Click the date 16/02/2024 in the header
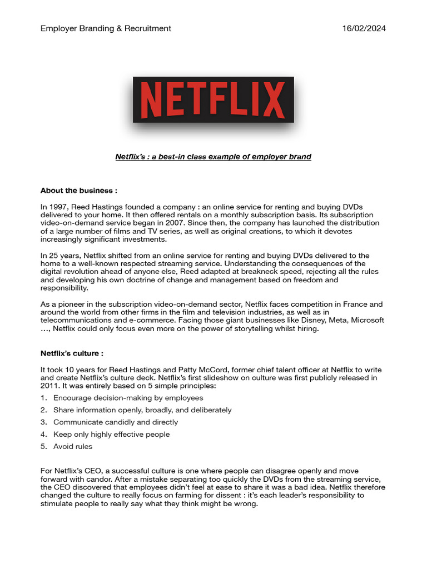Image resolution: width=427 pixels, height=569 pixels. click(364, 28)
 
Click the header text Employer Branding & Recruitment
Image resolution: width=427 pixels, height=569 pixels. click(106, 28)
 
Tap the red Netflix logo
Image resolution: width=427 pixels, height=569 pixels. click(213, 100)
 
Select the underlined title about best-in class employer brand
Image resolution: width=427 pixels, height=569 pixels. click(213, 157)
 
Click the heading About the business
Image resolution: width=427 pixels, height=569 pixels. click(78, 191)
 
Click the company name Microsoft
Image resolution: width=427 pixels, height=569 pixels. click(364, 321)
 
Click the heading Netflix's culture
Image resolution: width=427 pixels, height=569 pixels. click(72, 353)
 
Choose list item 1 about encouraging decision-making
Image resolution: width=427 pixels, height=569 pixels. click(128, 398)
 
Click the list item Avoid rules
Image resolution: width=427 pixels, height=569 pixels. click(73, 446)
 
